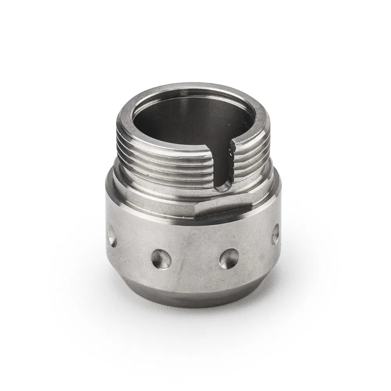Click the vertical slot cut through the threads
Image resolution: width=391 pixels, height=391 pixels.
click(224, 164)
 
